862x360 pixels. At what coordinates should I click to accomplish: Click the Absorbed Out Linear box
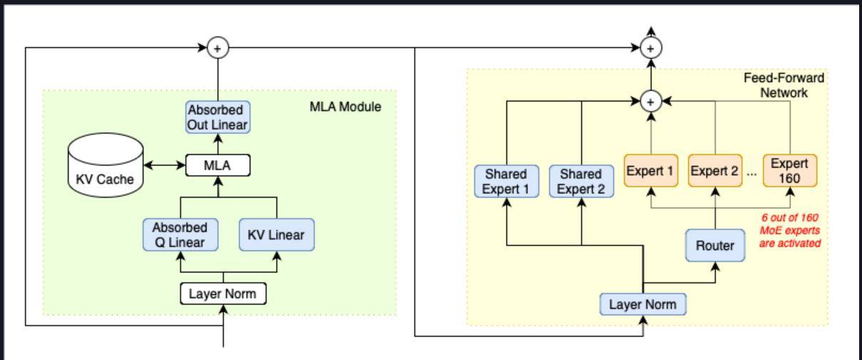coord(217,117)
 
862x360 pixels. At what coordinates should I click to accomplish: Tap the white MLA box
coord(217,166)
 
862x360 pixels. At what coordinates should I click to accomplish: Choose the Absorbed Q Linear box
coord(180,235)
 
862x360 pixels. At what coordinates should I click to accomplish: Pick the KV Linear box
coord(276,235)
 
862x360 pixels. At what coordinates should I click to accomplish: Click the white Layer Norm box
coord(222,293)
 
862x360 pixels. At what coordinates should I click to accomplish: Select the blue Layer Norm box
coord(643,304)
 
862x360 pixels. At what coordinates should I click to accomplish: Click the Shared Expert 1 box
coord(505,181)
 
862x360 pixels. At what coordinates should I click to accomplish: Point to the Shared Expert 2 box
coord(580,181)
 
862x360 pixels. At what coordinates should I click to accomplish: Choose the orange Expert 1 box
coord(650,171)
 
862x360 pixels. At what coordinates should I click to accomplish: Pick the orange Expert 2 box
coord(714,171)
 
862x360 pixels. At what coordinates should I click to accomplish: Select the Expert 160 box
coord(789,171)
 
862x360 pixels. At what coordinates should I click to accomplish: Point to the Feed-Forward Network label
coord(784,85)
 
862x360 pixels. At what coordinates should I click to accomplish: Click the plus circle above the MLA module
coord(217,48)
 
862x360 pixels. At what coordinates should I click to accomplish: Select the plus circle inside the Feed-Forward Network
coord(650,101)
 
